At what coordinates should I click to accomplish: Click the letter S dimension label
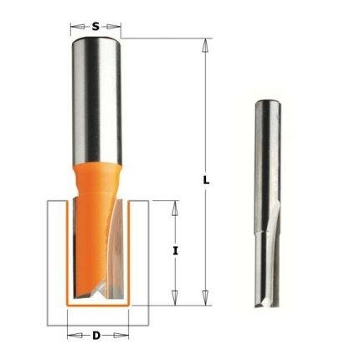click(95, 27)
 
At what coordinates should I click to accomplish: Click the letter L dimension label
click(206, 181)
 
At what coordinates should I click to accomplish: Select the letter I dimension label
click(175, 251)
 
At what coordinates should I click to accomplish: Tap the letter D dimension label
click(96, 336)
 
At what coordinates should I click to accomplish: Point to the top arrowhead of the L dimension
click(205, 45)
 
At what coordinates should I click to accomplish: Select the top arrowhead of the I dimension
click(175, 208)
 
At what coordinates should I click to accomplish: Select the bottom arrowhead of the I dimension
click(175, 297)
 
